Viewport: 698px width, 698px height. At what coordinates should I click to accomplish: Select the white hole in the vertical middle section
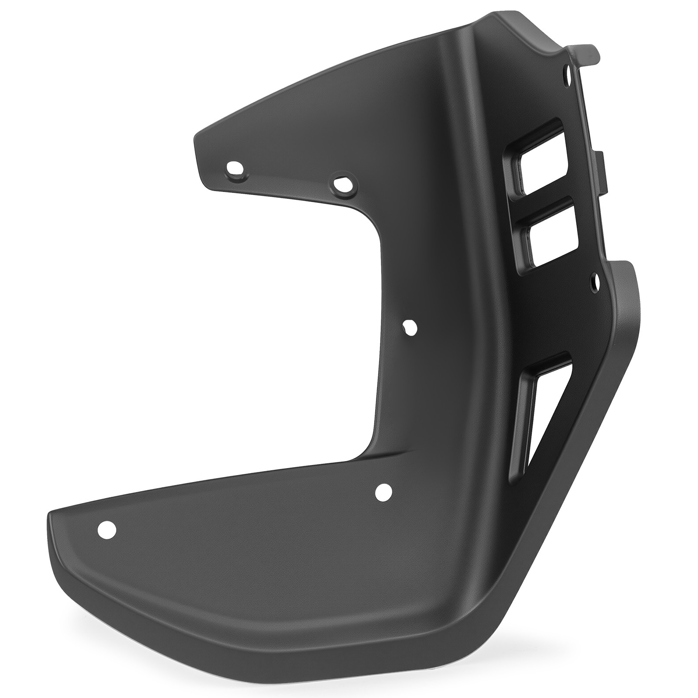pyautogui.click(x=410, y=327)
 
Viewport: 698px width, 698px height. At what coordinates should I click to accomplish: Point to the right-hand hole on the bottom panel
pyautogui.click(x=384, y=493)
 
